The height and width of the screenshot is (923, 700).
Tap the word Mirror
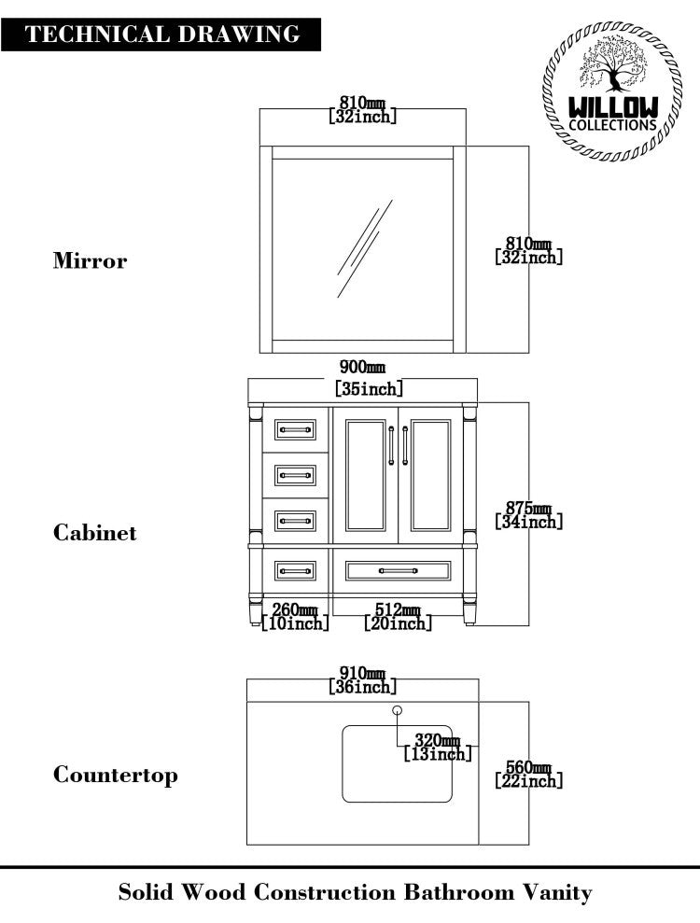[90, 260]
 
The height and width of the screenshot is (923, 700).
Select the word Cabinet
[94, 533]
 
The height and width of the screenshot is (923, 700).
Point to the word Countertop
[115, 775]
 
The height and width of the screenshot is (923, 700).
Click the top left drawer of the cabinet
[295, 429]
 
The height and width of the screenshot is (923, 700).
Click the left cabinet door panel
[366, 475]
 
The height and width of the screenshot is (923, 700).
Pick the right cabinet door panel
[430, 475]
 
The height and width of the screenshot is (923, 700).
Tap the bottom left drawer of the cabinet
[295, 569]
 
